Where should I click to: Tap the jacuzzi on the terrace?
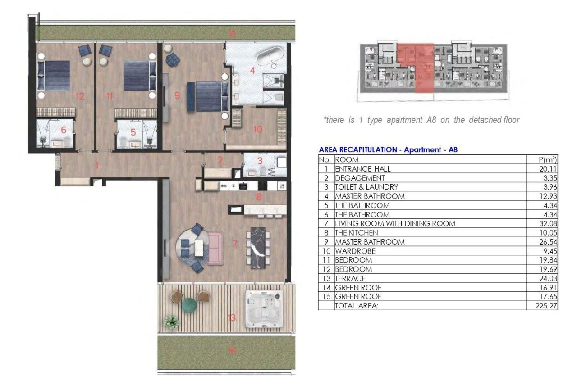pyautogui.click(x=263, y=310)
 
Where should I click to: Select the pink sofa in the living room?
pyautogui.click(x=215, y=248)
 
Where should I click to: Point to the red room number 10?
pyautogui.click(x=257, y=129)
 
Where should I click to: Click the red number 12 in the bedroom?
pyautogui.click(x=80, y=96)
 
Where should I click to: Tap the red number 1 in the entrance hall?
pyautogui.click(x=96, y=165)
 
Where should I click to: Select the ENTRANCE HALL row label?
pyautogui.click(x=362, y=169)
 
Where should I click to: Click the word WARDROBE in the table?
pyautogui.click(x=355, y=251)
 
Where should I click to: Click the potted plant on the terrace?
pyautogui.click(x=171, y=322)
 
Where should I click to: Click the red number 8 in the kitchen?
pyautogui.click(x=259, y=196)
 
